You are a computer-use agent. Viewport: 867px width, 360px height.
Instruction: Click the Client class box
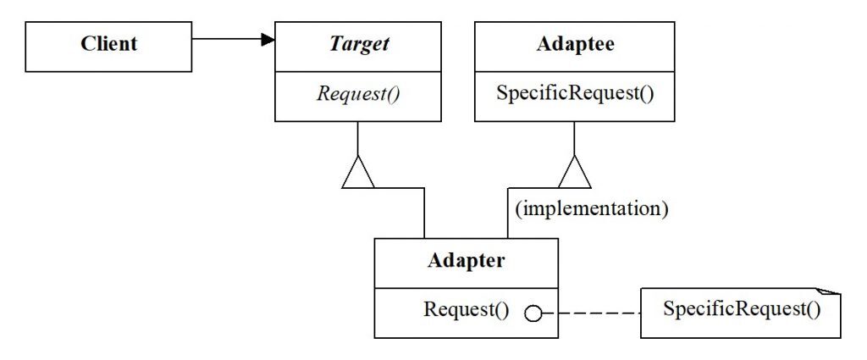point(109,46)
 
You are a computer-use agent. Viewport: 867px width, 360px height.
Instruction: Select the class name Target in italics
point(358,45)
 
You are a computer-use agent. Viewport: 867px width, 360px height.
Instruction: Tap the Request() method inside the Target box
point(358,94)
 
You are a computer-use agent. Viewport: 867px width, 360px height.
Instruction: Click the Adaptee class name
point(575,45)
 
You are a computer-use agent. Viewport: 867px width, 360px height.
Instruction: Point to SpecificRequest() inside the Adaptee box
point(575,93)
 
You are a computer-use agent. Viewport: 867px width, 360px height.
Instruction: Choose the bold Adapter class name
point(466,260)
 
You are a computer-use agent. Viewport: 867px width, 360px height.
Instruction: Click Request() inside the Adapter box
point(466,310)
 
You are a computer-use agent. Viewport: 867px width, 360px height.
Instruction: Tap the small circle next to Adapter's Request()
point(533,313)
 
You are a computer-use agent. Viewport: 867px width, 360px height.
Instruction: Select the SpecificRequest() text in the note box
point(742,310)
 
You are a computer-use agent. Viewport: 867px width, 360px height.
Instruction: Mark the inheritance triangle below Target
point(357,173)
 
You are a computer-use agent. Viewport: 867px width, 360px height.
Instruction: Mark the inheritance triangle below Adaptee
point(575,173)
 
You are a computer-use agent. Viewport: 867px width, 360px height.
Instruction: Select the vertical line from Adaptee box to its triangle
point(575,138)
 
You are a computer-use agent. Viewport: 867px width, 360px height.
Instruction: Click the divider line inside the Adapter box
point(466,287)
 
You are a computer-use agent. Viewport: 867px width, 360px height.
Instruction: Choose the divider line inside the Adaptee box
point(575,70)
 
